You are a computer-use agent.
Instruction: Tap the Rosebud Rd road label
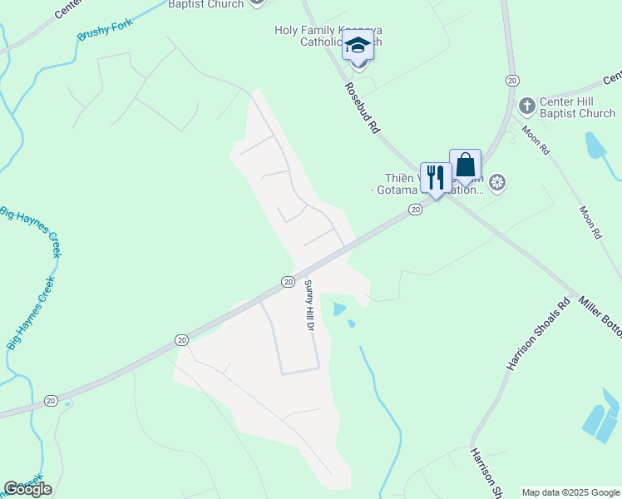(363, 107)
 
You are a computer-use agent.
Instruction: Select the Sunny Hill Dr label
(308, 306)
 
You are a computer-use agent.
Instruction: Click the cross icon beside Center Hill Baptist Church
(526, 106)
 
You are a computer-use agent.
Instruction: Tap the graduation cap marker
(358, 45)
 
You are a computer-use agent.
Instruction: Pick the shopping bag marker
(465, 165)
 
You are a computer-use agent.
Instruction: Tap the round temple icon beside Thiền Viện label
(497, 183)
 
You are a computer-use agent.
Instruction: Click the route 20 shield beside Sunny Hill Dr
(288, 282)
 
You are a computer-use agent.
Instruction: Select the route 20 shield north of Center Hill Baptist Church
(511, 80)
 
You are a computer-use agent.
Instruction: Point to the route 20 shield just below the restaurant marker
(415, 211)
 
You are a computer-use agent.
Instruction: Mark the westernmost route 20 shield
(51, 401)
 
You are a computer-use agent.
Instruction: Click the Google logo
(27, 489)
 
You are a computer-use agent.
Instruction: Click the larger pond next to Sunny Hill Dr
(338, 309)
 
